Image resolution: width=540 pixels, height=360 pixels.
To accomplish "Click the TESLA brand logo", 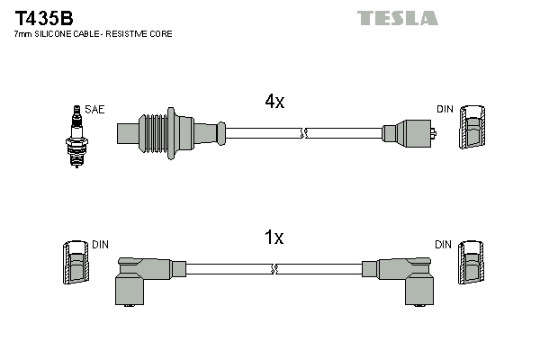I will point(397,18).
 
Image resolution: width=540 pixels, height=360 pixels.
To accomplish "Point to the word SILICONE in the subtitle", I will point(58,34).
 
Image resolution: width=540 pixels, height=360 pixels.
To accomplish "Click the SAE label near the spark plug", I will point(96,110).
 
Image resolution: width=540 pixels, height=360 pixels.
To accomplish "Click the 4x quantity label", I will point(274,103).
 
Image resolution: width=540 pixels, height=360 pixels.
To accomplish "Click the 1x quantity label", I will point(274,238).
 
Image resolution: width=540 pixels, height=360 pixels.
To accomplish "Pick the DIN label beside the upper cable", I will point(445,110).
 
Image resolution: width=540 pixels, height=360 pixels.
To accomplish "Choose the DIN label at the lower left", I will point(100,245).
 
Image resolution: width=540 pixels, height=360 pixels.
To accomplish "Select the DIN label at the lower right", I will point(443,245).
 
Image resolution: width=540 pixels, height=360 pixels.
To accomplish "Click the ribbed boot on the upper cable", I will point(158,132).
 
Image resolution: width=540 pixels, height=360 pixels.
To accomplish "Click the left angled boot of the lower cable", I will point(144,278).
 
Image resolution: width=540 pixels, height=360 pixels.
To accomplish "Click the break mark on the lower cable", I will point(274,268).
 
